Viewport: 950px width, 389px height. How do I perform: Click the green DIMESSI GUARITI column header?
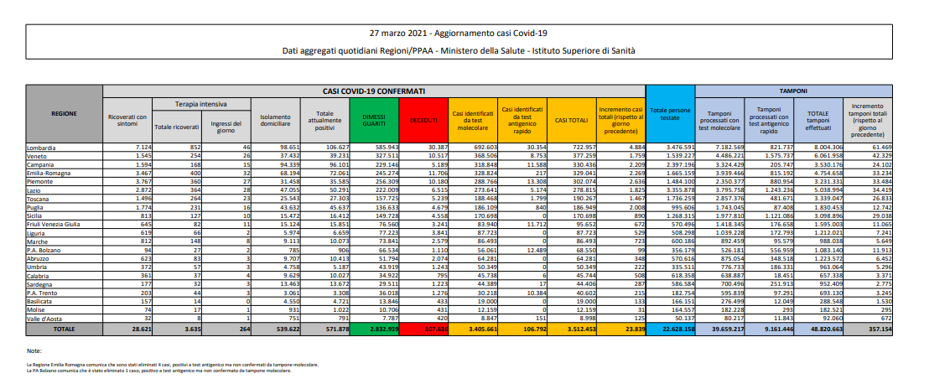pos(375,121)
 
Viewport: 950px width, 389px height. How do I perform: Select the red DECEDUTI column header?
pos(423,121)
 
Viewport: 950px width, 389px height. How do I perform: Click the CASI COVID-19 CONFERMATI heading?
pos(373,89)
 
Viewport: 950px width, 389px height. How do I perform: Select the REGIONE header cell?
pos(65,112)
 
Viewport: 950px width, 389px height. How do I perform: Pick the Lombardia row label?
pos(39,147)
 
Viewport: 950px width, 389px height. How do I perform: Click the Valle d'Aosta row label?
pos(41,318)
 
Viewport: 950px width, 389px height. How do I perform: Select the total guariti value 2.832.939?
pos(377,330)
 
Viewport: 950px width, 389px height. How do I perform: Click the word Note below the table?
pos(34,350)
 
